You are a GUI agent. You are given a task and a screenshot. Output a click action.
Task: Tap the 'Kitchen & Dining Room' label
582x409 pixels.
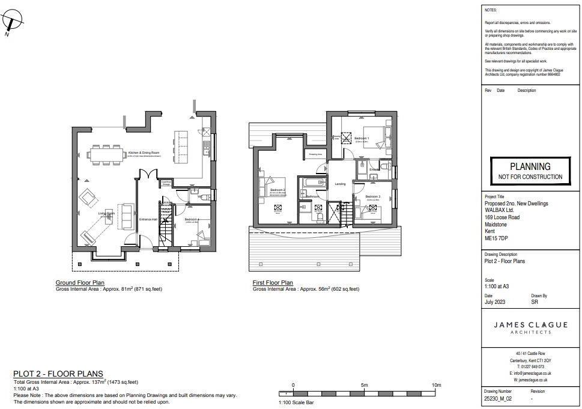coord(144,153)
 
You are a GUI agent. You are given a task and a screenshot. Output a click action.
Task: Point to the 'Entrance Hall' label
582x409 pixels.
coord(148,220)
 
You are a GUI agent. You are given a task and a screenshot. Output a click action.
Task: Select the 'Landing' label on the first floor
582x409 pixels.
coord(340,184)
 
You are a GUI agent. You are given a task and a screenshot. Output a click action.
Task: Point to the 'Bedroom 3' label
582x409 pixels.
coord(372,197)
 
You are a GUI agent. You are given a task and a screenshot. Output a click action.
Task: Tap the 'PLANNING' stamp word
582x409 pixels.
coord(530,166)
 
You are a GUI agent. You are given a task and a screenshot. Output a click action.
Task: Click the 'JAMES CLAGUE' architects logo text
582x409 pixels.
coord(530,325)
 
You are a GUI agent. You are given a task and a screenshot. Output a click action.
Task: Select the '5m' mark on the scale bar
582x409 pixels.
coord(364,385)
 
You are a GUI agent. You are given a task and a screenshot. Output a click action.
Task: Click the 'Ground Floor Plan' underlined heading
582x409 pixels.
coord(80,282)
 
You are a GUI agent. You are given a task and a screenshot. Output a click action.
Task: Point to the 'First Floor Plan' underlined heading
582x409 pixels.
coord(273,282)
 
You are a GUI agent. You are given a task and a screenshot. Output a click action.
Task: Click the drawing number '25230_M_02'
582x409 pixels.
coord(498,398)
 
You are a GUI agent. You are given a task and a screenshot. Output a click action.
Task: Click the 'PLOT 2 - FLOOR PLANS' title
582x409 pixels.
coord(58,374)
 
